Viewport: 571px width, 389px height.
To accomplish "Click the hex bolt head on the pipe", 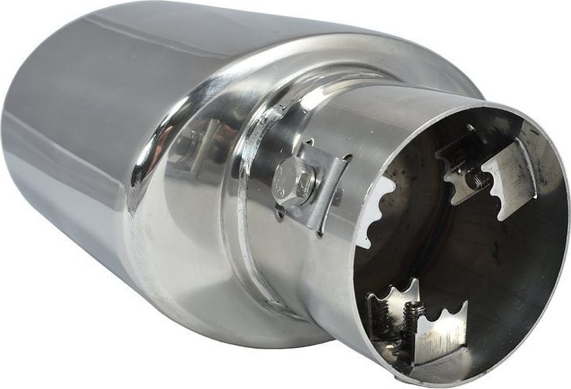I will click(293, 181).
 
